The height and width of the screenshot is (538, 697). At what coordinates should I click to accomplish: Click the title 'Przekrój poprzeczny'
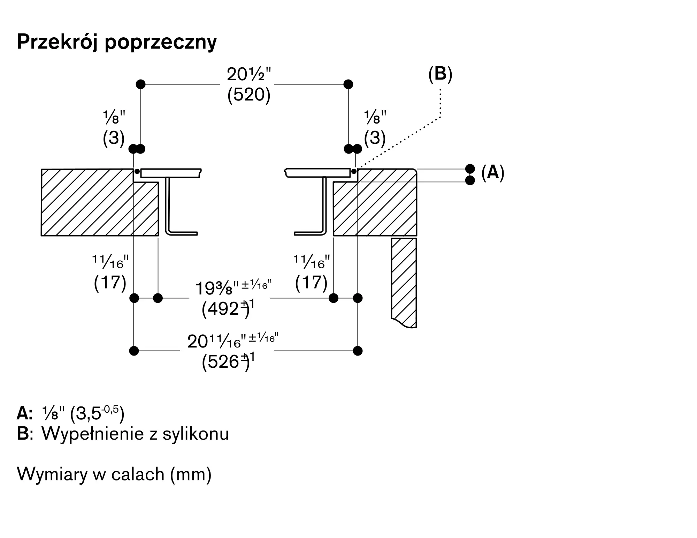117,43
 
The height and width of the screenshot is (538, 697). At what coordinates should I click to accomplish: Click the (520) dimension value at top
249,95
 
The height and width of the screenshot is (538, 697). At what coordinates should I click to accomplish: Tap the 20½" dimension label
249,74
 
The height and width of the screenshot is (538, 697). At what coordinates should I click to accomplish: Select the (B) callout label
440,74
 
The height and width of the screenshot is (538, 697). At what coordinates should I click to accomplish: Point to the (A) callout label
493,172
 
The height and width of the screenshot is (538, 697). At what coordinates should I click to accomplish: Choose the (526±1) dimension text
228,362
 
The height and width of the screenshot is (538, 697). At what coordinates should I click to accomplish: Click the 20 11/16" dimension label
233,341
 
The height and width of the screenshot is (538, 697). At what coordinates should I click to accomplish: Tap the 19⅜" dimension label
233,288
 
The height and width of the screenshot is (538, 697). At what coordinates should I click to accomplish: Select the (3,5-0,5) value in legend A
97,413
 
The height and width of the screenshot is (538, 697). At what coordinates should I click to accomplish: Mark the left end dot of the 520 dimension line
140,84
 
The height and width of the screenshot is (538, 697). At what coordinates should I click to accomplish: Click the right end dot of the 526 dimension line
358,351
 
